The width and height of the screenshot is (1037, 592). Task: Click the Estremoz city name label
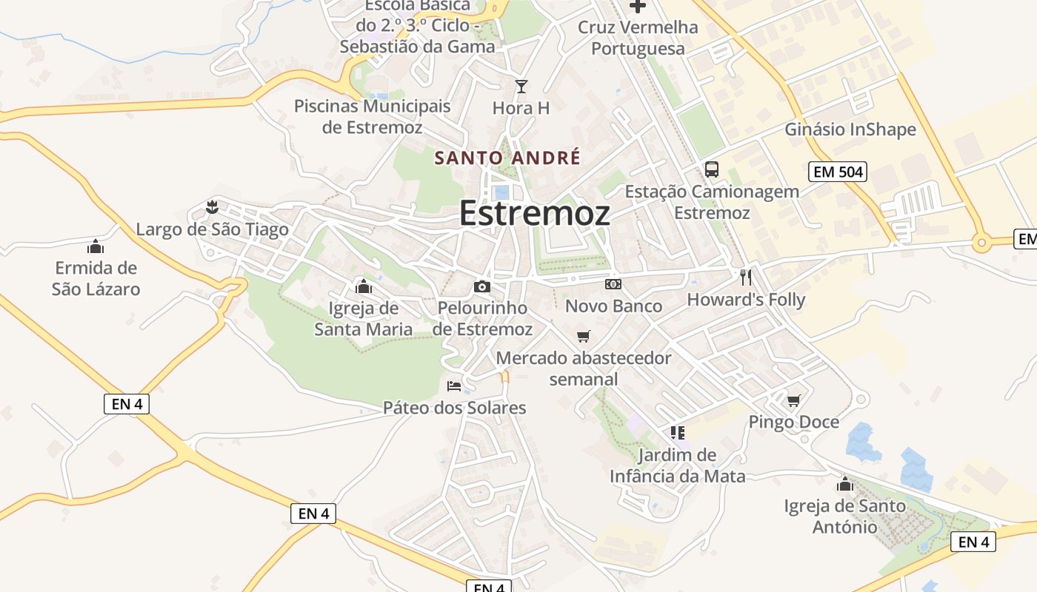pos(535,213)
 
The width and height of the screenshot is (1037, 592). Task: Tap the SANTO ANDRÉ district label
pos(507,158)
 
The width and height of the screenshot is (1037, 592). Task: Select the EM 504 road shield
pos(837,172)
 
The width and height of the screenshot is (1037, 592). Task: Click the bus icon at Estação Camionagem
pos(712,169)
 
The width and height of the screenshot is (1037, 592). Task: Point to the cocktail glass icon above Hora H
pos(521,87)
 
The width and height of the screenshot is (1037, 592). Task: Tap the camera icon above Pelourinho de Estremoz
pos(482,286)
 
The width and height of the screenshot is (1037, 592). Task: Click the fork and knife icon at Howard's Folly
pos(746,277)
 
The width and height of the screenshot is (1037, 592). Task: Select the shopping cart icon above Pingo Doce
pos(794,400)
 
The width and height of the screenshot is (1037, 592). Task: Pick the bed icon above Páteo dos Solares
pos(454,386)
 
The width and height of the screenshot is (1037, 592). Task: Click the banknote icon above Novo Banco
pos(613,283)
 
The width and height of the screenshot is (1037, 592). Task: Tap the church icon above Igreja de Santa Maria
pos(364,286)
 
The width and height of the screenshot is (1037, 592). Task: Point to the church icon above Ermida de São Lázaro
pos(96,246)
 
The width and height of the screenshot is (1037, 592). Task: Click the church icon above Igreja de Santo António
pos(845,485)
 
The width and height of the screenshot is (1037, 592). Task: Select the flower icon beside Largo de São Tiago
pos(213,206)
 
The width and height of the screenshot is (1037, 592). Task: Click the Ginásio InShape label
pos(850,129)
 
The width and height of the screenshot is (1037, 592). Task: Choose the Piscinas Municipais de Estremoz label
pos(373,116)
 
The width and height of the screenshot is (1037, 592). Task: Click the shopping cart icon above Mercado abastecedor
pos(584,337)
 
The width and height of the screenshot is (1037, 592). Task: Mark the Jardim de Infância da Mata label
pos(678,465)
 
